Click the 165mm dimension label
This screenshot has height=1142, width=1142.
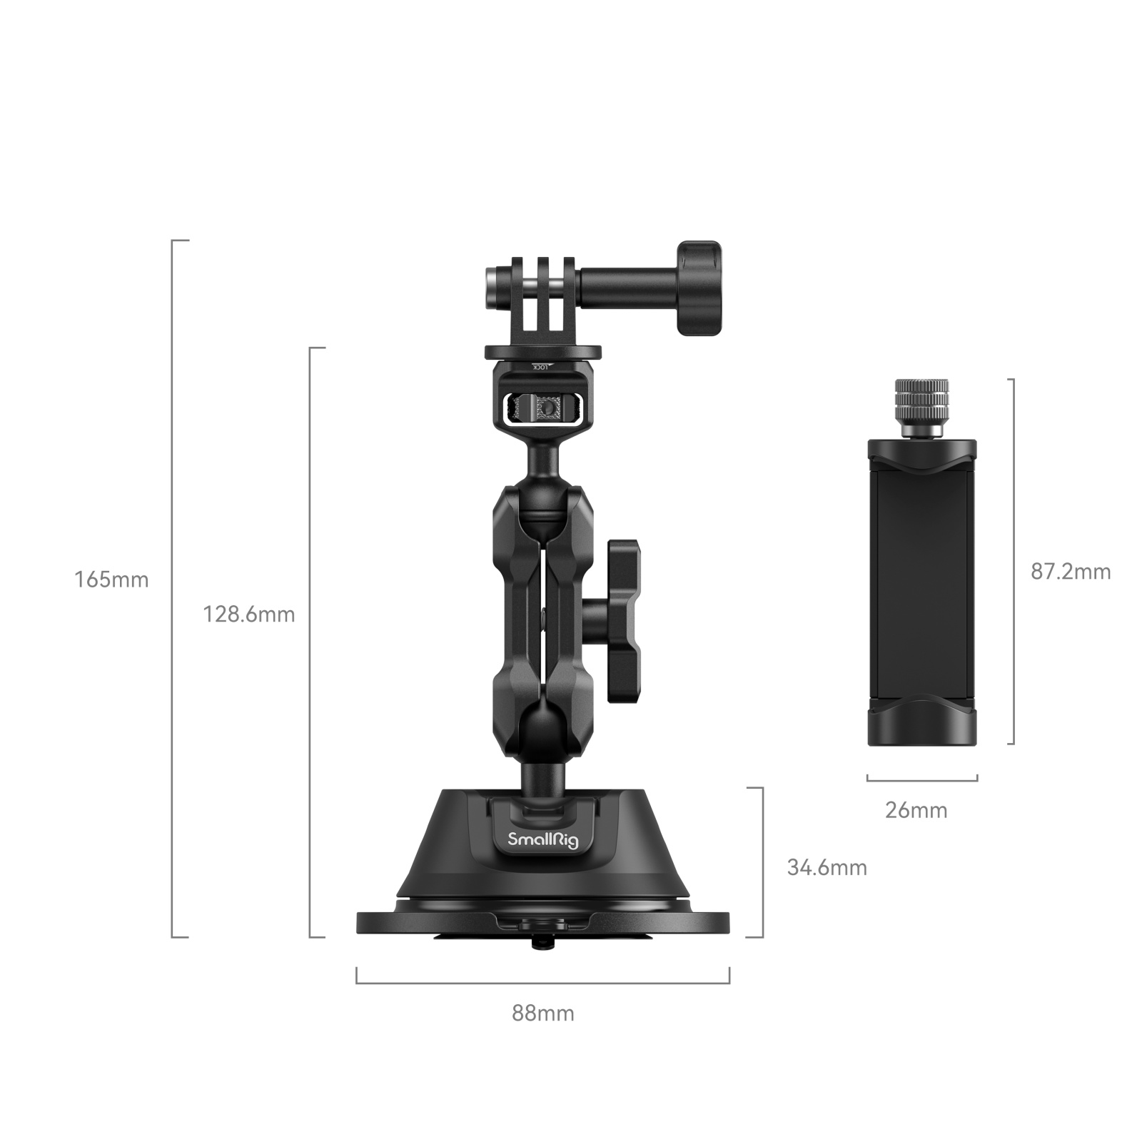(111, 580)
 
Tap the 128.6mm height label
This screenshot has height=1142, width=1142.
(248, 614)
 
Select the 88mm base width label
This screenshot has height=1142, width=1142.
(542, 1013)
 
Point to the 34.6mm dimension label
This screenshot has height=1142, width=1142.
(827, 867)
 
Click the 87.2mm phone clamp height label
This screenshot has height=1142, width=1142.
(1071, 571)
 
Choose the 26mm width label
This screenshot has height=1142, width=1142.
(916, 810)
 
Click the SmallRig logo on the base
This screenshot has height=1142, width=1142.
(543, 840)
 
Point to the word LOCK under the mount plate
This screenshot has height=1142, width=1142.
(542, 367)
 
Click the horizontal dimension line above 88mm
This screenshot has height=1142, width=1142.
(542, 983)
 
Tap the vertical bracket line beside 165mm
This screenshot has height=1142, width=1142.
(173, 588)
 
